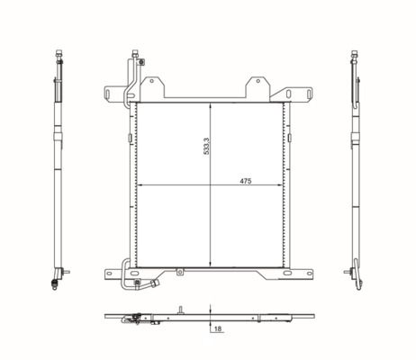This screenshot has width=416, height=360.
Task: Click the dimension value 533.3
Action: (206, 147)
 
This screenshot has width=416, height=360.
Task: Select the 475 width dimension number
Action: (246, 181)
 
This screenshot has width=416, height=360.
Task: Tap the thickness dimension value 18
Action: (218, 328)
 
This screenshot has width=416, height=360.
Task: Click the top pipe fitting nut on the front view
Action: (135, 54)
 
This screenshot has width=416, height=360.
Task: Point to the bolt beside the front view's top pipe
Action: (141, 62)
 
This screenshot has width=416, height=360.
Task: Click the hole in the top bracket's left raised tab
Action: (152, 81)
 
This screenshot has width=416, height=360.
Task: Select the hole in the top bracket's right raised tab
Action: (258, 81)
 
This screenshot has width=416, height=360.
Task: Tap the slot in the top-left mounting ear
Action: (108, 94)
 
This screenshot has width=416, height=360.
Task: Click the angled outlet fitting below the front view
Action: (156, 283)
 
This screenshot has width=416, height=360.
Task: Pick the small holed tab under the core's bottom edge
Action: (180, 272)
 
